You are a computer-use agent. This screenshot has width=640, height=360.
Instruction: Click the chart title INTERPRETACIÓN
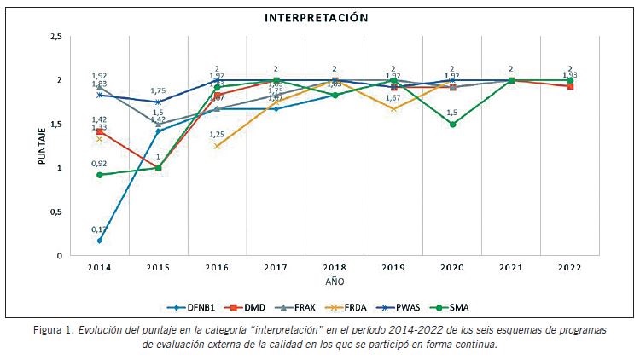(x=317, y=17)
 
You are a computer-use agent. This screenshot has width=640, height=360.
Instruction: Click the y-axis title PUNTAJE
(x=41, y=145)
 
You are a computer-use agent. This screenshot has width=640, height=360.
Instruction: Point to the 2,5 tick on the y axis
(x=57, y=37)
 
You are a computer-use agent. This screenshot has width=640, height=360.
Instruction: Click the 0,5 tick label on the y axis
(x=57, y=212)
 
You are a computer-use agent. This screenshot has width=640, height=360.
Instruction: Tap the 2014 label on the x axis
(x=101, y=267)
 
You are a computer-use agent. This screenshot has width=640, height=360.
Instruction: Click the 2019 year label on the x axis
(x=393, y=267)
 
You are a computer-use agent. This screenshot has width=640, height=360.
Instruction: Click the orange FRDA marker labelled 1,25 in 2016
(x=217, y=146)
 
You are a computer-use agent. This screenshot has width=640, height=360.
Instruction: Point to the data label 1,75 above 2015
(x=159, y=91)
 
